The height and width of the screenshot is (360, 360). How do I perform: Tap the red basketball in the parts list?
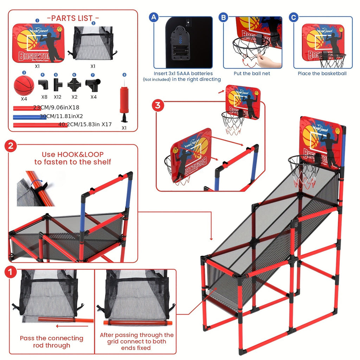[x=24, y=85]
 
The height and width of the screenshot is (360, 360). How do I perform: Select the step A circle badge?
[x=153, y=17]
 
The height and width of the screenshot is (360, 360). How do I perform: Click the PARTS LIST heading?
[x=73, y=18]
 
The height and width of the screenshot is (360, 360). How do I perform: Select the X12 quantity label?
[x=57, y=97]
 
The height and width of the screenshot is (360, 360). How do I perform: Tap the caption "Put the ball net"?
[x=252, y=73]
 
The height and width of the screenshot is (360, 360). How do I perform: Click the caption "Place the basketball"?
[x=322, y=73]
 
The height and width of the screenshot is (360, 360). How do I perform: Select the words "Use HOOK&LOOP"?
[x=73, y=155]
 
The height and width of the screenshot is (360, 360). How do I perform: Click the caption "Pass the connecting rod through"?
[x=51, y=342]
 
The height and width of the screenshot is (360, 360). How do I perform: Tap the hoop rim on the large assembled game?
[x=304, y=160]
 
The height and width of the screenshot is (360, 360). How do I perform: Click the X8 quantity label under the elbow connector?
[x=44, y=97]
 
